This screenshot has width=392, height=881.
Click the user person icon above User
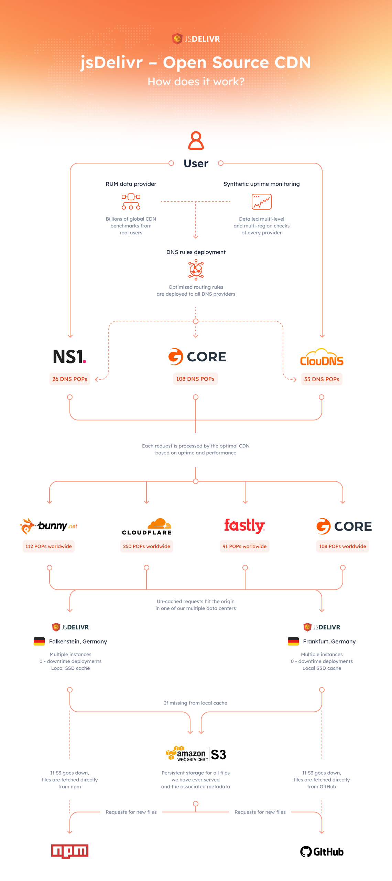(x=196, y=140)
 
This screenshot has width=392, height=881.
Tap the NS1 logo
(x=69, y=357)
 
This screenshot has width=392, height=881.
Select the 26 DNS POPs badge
(x=70, y=379)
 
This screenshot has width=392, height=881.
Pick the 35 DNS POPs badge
(x=322, y=379)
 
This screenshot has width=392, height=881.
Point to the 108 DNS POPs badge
(x=195, y=379)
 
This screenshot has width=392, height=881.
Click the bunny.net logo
(x=49, y=526)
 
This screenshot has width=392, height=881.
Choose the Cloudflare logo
(x=147, y=527)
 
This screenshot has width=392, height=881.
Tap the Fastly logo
(x=244, y=526)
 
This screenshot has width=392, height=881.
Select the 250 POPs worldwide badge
(x=146, y=546)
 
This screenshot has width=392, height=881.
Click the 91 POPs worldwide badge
(x=244, y=546)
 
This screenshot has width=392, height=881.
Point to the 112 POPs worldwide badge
(x=48, y=546)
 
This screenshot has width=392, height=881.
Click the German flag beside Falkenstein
(x=39, y=641)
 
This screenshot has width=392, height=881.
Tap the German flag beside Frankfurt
(x=293, y=641)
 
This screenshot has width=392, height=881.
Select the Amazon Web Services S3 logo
(x=196, y=754)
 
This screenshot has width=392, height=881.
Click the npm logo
(x=70, y=851)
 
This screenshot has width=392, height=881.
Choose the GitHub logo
(x=322, y=852)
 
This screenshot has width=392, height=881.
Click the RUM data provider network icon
(x=131, y=202)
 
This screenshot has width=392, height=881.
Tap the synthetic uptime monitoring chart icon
(x=262, y=202)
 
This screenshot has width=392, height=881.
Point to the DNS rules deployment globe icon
(x=196, y=269)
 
